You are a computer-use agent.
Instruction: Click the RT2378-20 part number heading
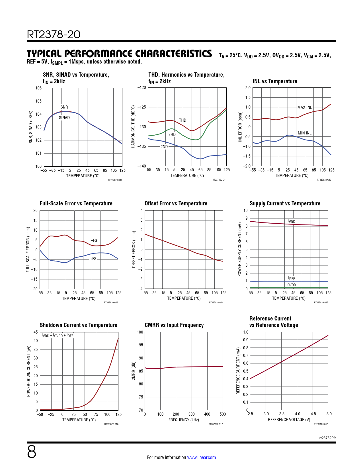tap(54, 34)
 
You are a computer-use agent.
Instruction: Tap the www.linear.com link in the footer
tap(201, 457)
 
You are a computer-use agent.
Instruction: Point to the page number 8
tap(32, 452)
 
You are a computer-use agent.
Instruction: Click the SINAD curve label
tap(64, 118)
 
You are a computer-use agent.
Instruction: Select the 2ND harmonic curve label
tap(164, 147)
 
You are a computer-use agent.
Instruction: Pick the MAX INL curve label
tap(305, 107)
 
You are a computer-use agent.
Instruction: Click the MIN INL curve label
tap(305, 133)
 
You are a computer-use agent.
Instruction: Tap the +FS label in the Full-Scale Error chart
tap(93, 259)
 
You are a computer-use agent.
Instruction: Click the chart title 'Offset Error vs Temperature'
tap(176, 203)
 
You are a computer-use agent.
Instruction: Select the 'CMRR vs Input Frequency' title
tap(174, 325)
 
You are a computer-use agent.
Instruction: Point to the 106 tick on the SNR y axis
tap(38, 88)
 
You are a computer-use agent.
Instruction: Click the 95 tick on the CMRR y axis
tap(140, 345)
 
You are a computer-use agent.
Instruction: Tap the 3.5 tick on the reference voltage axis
tap(282, 414)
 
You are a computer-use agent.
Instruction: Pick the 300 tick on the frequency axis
tap(192, 414)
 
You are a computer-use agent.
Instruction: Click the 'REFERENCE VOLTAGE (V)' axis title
tap(289, 420)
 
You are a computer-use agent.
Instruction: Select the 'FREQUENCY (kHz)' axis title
tap(184, 420)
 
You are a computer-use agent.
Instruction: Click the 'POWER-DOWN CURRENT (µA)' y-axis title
tap(29, 371)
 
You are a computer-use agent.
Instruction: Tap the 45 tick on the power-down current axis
tap(36, 332)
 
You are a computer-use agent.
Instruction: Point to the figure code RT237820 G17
tap(216, 424)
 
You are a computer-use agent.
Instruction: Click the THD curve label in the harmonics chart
tap(182, 120)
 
